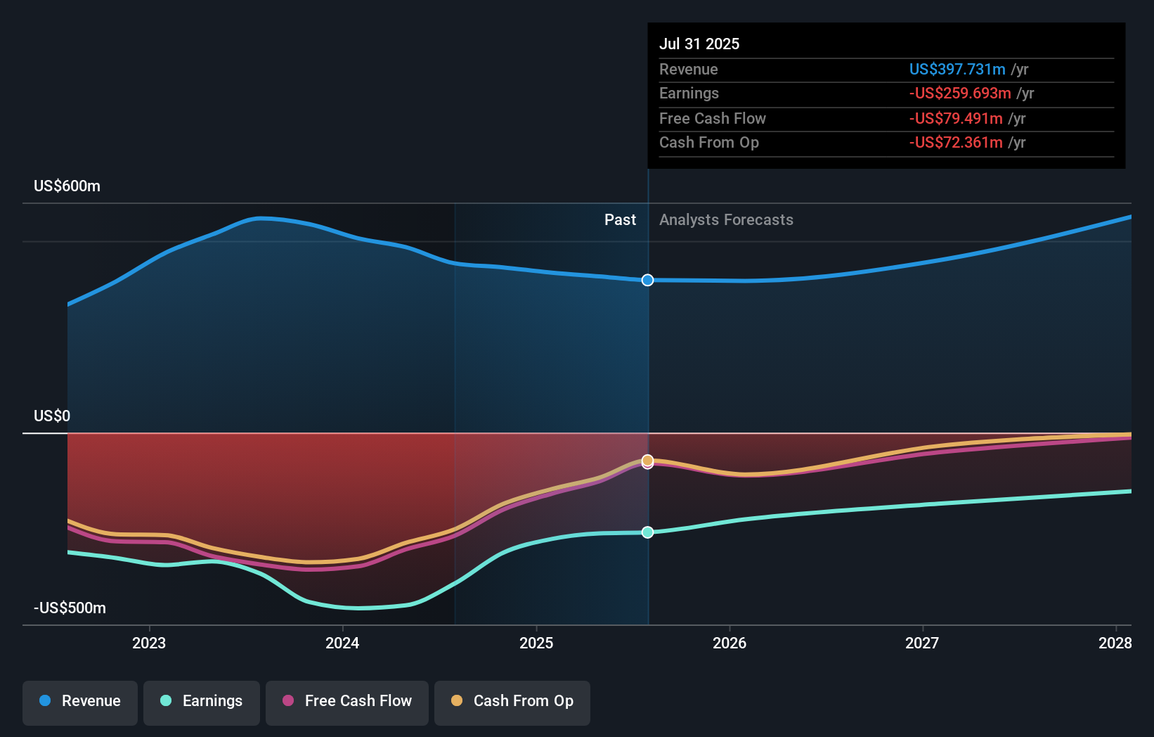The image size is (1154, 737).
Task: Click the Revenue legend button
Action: point(80,702)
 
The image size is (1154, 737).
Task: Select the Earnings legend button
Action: point(202,702)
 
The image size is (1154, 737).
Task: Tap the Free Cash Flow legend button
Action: point(347,702)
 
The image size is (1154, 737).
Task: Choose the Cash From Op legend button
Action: point(512,702)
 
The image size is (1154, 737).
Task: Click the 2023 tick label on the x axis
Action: point(149,643)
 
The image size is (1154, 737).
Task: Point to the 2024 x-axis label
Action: point(342,643)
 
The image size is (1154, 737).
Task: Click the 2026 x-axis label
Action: point(730,643)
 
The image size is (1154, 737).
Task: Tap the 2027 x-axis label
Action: point(922,643)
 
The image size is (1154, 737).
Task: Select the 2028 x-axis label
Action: point(1115,643)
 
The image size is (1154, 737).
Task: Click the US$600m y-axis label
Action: point(67,186)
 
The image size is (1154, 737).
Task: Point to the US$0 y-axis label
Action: point(52,416)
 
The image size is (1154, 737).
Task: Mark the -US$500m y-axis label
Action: point(70,608)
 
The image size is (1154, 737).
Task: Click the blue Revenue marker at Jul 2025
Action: point(647,280)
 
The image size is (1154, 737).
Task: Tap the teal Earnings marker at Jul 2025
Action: point(647,532)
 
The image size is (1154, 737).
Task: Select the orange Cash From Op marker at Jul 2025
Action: point(647,460)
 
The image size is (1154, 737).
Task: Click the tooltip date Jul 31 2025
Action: point(699,44)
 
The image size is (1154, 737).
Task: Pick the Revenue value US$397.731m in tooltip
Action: point(957,69)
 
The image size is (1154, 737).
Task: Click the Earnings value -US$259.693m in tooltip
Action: point(959,94)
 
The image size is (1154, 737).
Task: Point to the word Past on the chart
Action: point(620,220)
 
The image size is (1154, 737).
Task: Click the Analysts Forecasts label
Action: point(726,220)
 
